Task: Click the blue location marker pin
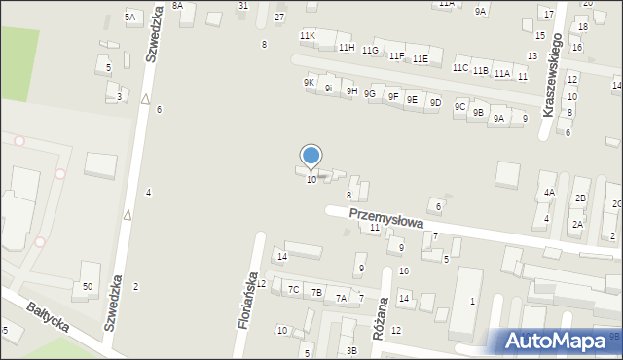(311, 156)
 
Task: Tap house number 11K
(308, 36)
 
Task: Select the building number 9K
(309, 83)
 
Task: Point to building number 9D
(435, 102)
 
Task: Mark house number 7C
(293, 289)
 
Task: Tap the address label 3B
(351, 350)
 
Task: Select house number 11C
(459, 68)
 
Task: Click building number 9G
(369, 93)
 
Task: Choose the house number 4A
(549, 193)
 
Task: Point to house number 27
(279, 18)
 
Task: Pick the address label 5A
(129, 18)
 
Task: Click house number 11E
(420, 59)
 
